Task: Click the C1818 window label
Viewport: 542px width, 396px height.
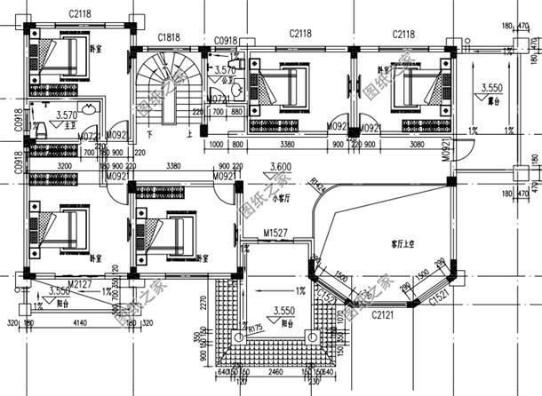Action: (170, 37)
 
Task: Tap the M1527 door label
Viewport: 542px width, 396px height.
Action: (275, 234)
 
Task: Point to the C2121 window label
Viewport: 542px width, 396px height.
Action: (382, 314)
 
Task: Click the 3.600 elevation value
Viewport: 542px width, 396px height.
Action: (281, 167)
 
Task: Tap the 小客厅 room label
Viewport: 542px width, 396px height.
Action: (282, 197)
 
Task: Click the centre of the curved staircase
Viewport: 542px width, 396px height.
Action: (163, 82)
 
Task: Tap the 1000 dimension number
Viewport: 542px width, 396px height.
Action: (215, 144)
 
